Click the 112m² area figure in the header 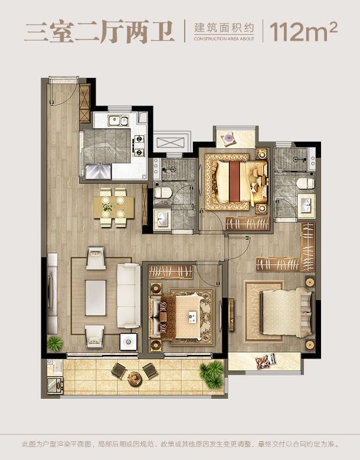tap(303, 32)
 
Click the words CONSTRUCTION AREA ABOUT tap(224, 39)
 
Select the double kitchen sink tap(118, 120)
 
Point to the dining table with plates tap(114, 208)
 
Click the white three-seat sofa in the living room tap(129, 295)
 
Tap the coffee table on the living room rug tap(96, 298)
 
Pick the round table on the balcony tap(135, 379)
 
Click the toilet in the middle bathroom tap(163, 193)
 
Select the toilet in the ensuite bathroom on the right tap(305, 183)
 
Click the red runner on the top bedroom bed tap(234, 181)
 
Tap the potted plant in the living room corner tap(55, 343)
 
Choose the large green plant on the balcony tap(212, 373)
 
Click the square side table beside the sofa tap(129, 341)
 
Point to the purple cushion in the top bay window tap(228, 138)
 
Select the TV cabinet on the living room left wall tap(53, 294)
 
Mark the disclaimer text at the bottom tap(180, 444)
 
